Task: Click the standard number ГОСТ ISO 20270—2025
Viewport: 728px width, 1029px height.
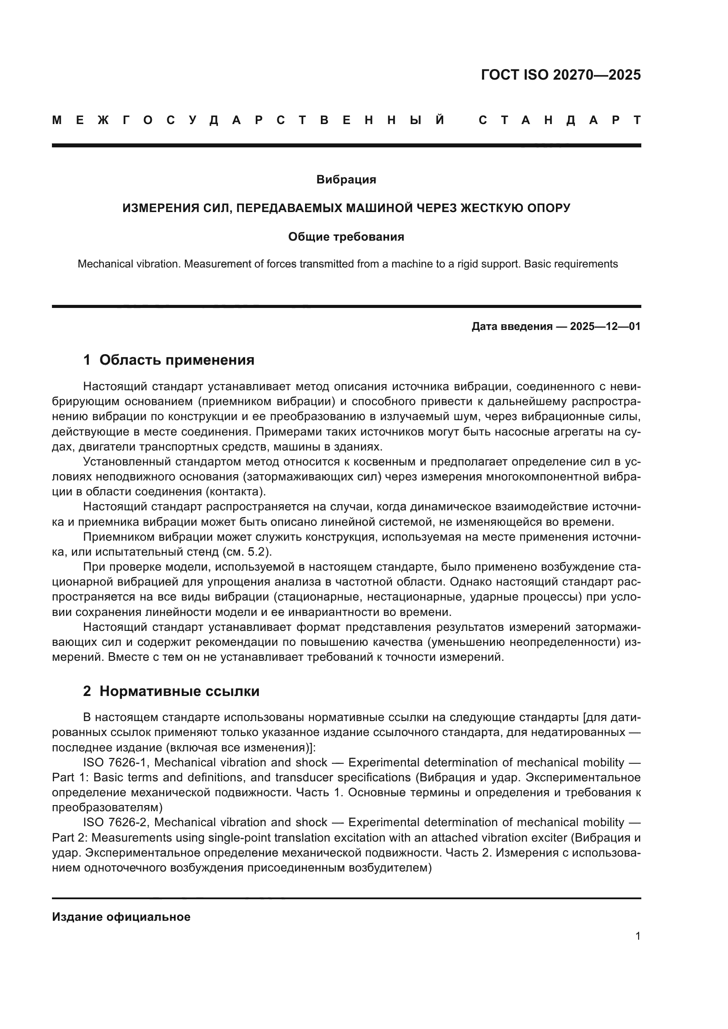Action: click(x=560, y=75)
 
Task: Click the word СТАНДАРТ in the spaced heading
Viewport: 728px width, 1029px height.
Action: click(x=559, y=120)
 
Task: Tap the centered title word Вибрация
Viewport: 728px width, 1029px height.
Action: click(x=346, y=180)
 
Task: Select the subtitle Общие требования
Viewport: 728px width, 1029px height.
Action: click(x=346, y=237)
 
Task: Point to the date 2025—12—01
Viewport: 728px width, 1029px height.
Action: click(x=605, y=326)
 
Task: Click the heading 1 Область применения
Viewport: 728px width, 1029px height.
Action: click(x=169, y=360)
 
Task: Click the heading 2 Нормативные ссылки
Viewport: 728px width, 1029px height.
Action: click(x=171, y=691)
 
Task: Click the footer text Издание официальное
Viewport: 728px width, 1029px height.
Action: click(x=121, y=917)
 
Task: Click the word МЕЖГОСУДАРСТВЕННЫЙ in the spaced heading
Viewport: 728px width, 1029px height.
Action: click(x=249, y=120)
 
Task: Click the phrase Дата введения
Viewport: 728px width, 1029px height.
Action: click(x=511, y=326)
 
